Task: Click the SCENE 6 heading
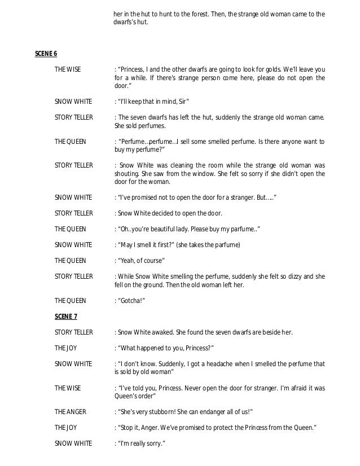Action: [46, 54]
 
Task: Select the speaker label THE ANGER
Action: [70, 411]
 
